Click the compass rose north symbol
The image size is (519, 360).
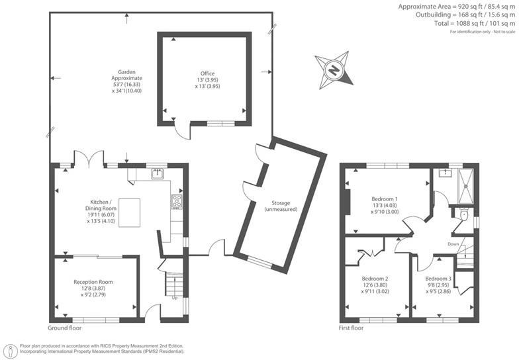[335, 69]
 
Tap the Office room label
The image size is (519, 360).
[208, 79]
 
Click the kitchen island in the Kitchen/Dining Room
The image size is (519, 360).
[130, 212]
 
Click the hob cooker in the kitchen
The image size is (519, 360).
[177, 202]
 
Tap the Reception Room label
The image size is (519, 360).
[93, 288]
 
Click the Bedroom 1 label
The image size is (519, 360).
[385, 205]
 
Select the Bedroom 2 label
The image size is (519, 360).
[375, 284]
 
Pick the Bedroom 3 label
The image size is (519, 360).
[438, 284]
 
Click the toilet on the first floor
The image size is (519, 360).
[463, 215]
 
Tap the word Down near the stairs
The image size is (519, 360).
[453, 244]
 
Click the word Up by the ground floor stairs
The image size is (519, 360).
[174, 297]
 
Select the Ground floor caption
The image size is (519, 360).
[66, 328]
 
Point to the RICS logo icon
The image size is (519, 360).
[10, 349]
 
